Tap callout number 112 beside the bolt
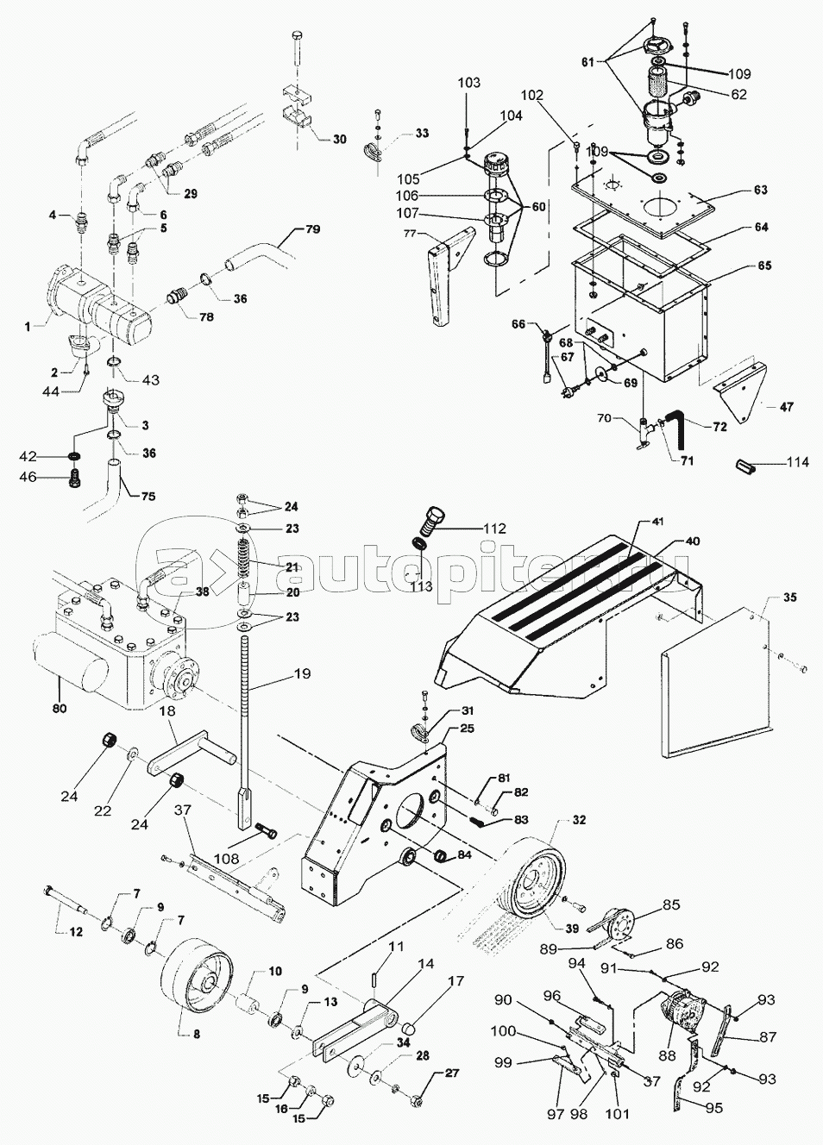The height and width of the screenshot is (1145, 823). pyautogui.click(x=493, y=529)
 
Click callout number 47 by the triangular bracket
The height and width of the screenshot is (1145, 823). pyautogui.click(x=786, y=407)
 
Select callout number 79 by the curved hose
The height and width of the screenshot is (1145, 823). pyautogui.click(x=311, y=230)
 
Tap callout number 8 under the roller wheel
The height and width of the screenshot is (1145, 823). pyautogui.click(x=196, y=1032)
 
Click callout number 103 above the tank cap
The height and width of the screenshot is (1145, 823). pyautogui.click(x=468, y=83)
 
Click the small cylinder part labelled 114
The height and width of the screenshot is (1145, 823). pyautogui.click(x=747, y=466)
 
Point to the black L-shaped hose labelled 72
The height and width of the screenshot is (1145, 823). pyautogui.click(x=678, y=423)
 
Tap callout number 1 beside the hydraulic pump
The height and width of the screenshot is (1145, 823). pyautogui.click(x=28, y=326)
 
